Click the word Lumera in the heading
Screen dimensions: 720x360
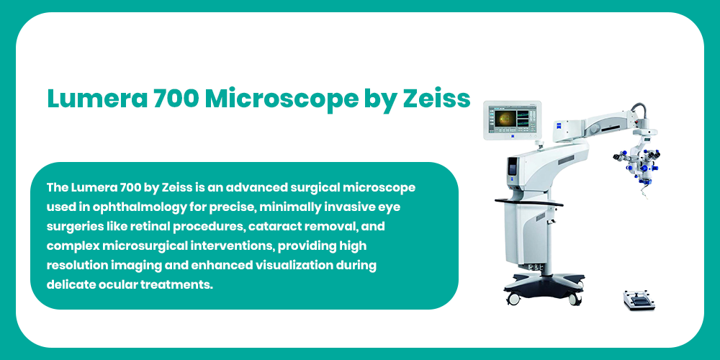pyautogui.click(x=97, y=98)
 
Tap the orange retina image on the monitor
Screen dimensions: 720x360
pyautogui.click(x=503, y=119)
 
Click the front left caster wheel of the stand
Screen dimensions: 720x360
pyautogui.click(x=513, y=298)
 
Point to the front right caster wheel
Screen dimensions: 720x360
pyautogui.click(x=575, y=299)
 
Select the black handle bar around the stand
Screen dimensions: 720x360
pyautogui.click(x=528, y=202)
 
